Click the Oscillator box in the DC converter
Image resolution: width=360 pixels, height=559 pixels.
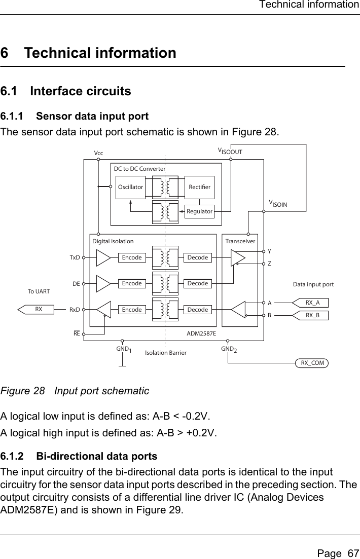pyautogui.click(x=130, y=187)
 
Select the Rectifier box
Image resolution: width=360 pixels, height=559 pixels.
pyautogui.click(x=199, y=187)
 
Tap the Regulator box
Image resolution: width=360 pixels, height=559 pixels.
pyautogui.click(x=199, y=211)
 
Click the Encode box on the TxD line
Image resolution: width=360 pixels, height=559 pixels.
pyautogui.click(x=132, y=257)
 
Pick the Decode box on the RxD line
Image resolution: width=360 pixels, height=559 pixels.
pyautogui.click(x=197, y=309)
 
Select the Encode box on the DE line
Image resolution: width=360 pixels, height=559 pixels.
pyautogui.click(x=132, y=283)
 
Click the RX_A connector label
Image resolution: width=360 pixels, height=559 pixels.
pyautogui.click(x=312, y=303)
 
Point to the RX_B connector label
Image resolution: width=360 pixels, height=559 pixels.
pyautogui.click(x=312, y=315)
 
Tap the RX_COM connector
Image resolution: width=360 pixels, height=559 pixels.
pyautogui.click(x=312, y=363)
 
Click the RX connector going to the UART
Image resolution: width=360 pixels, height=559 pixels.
pyautogui.click(x=38, y=309)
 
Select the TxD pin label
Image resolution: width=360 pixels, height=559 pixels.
pyautogui.click(x=75, y=257)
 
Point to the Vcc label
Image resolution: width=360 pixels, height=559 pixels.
pyautogui.click(x=98, y=152)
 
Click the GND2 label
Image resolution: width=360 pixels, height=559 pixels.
pyautogui.click(x=229, y=350)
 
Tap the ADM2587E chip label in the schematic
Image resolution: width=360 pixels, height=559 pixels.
pyautogui.click(x=201, y=333)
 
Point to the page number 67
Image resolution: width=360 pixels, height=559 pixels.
pyautogui.click(x=335, y=549)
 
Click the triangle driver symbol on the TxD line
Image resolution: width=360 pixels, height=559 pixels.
pyautogui.click(x=103, y=257)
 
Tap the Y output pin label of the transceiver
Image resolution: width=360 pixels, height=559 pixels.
pyautogui.click(x=270, y=251)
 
